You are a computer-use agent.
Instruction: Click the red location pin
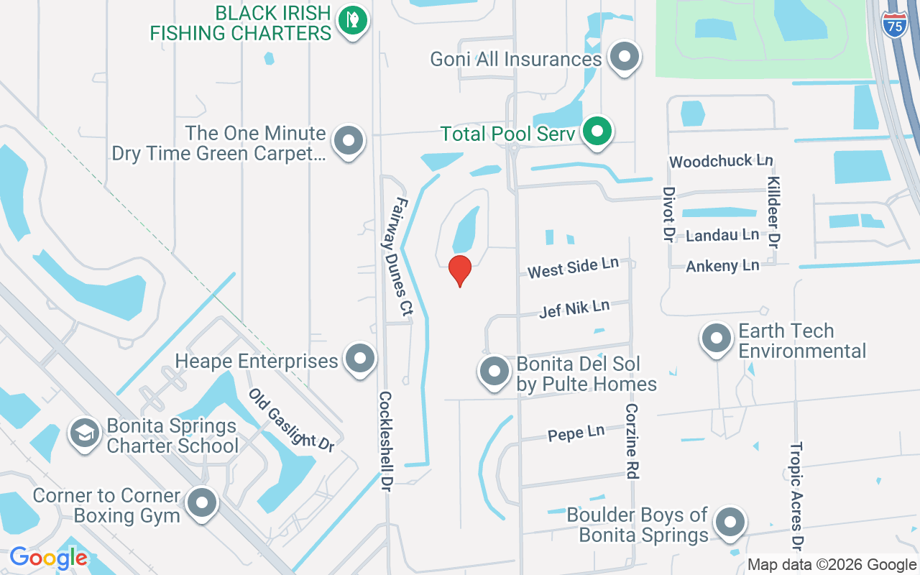pos(459,270)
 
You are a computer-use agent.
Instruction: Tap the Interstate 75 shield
pos(894,24)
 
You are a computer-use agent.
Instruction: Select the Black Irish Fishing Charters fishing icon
pos(352,20)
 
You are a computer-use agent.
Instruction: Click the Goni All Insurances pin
pos(623,56)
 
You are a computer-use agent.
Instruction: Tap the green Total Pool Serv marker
pos(596,132)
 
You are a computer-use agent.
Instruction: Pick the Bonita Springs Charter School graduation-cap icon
pos(85,433)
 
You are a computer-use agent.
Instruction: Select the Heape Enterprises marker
pos(359,358)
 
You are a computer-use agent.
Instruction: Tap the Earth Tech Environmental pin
pos(716,339)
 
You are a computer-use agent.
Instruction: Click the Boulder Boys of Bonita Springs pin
pos(730,523)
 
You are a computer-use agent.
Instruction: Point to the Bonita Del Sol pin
pos(494,372)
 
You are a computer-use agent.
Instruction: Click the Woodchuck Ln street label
pos(721,160)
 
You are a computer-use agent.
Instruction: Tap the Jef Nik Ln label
pos(574,309)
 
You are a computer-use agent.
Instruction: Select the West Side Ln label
pos(573,268)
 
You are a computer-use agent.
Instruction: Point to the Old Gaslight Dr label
pos(292,420)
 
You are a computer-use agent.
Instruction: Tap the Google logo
pos(49,558)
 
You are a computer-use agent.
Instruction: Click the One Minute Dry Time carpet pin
pos(349,141)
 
